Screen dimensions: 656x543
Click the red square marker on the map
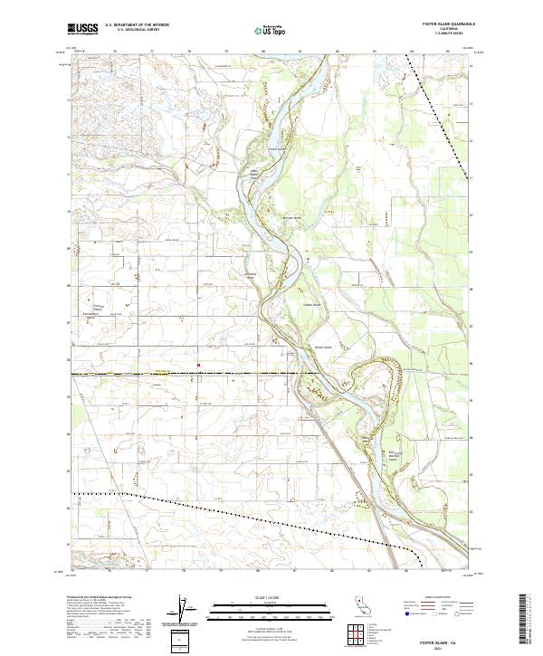(x=198, y=366)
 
